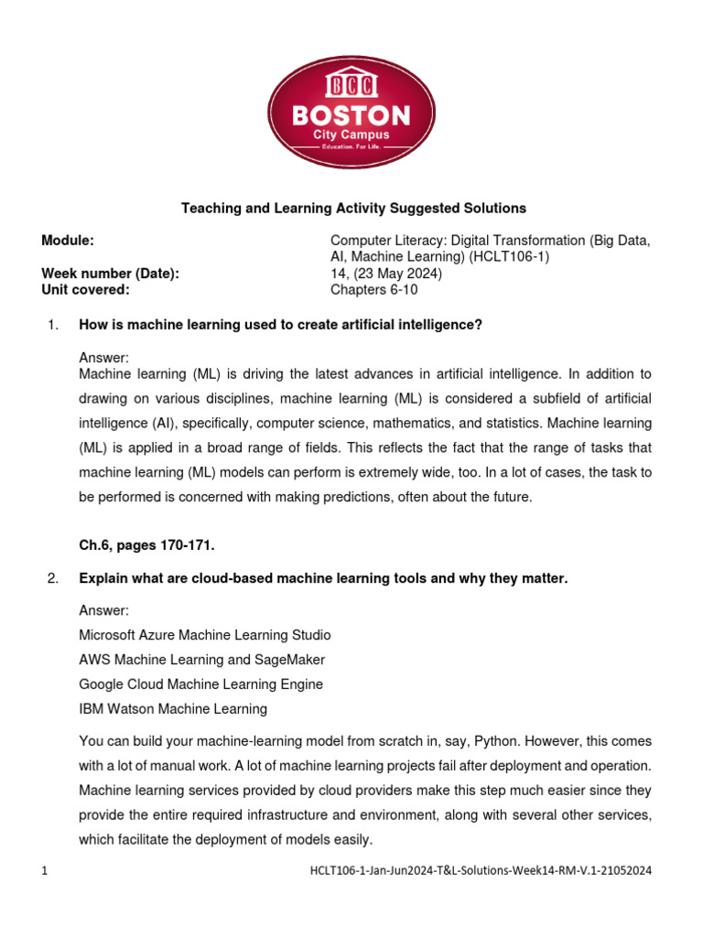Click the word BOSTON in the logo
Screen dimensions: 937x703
click(x=351, y=115)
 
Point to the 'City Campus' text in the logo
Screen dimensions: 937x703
click(x=351, y=135)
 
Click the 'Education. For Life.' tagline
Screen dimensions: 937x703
click(x=351, y=148)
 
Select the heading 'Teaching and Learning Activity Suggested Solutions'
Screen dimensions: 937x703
click(x=351, y=209)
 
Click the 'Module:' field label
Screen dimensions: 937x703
click(x=68, y=241)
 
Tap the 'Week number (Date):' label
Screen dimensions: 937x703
click(x=110, y=274)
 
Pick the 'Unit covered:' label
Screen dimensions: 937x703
click(x=85, y=290)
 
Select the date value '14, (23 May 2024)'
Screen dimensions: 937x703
click(x=385, y=274)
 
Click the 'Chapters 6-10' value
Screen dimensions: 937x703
click(x=373, y=290)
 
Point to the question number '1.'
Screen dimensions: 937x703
click(x=51, y=324)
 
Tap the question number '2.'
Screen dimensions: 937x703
click(x=51, y=578)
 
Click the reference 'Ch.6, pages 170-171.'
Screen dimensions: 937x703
click(x=146, y=545)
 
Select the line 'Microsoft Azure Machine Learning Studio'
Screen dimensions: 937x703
click(x=205, y=635)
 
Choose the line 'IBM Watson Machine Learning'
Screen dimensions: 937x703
click(x=173, y=708)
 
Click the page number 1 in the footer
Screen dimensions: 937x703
click(x=44, y=871)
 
